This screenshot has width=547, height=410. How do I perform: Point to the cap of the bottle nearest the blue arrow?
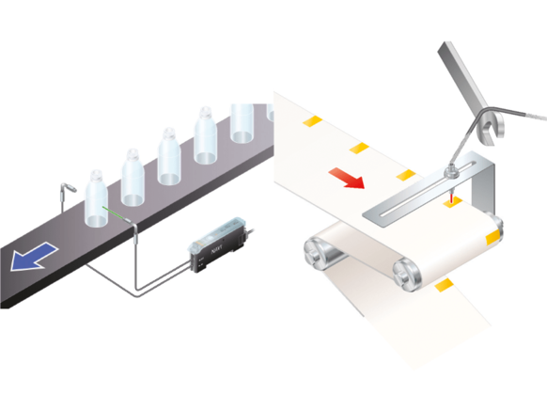pyautogui.click(x=96, y=175)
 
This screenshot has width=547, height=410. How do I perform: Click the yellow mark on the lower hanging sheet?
pyautogui.click(x=445, y=283)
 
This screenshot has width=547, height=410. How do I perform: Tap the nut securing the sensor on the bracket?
pyautogui.click(x=452, y=171)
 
